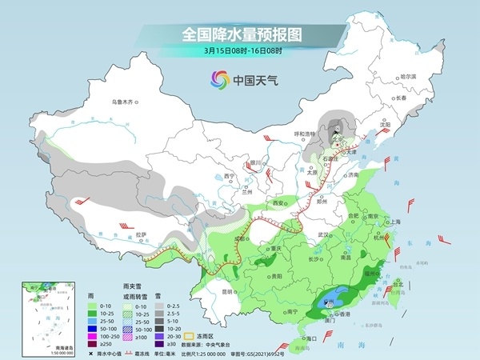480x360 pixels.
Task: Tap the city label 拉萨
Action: [141, 234]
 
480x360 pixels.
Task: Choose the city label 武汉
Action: [322, 234]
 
